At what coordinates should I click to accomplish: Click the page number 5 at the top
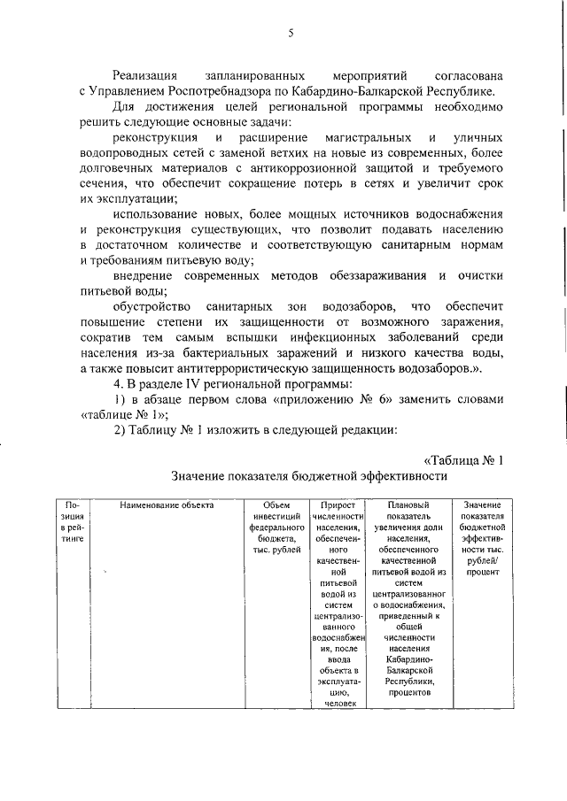click(x=291, y=34)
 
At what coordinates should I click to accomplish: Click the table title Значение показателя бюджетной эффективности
click(x=309, y=475)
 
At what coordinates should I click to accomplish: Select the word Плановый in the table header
click(x=403, y=505)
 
